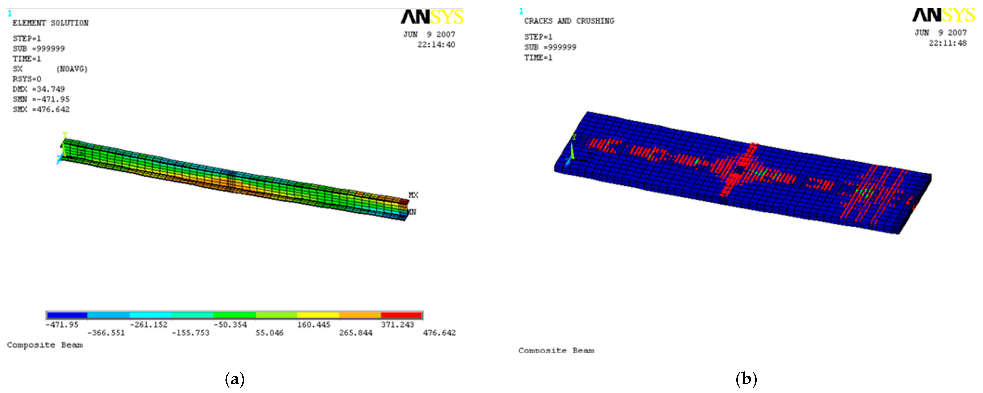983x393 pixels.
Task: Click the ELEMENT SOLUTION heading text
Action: (50, 23)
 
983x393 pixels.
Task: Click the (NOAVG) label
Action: (72, 69)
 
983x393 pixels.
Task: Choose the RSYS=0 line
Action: (27, 79)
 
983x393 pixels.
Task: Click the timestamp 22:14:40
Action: (436, 45)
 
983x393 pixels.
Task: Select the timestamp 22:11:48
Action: (948, 43)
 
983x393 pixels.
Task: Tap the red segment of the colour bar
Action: (401, 315)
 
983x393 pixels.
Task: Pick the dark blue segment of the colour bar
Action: (67, 315)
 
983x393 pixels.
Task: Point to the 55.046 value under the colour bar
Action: (269, 333)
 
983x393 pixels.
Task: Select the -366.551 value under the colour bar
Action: (106, 333)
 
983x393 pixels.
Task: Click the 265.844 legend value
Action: (356, 333)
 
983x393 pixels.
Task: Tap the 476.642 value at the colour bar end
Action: (439, 333)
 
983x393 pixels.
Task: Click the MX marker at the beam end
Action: (413, 195)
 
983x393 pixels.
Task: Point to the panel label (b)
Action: (746, 379)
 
